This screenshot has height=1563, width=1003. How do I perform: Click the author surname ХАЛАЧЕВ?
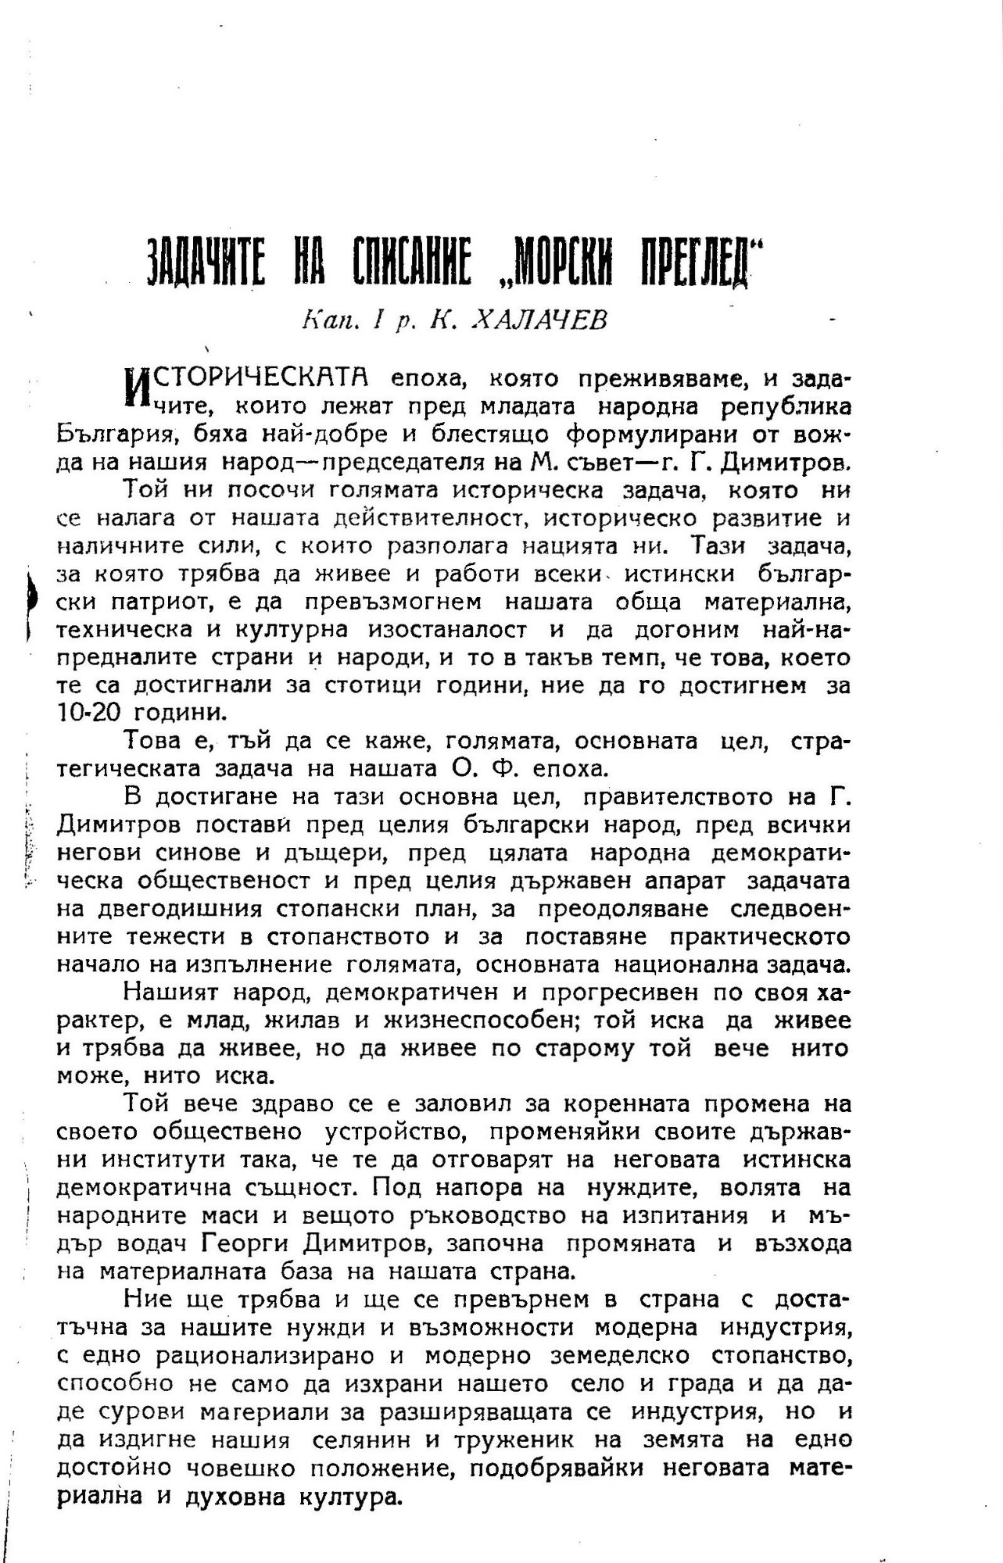point(539,320)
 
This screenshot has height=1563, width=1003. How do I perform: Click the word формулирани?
point(653,435)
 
